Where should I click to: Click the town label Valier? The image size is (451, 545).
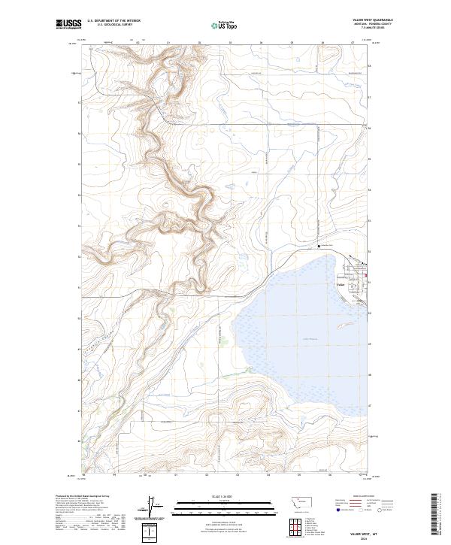tap(340, 284)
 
